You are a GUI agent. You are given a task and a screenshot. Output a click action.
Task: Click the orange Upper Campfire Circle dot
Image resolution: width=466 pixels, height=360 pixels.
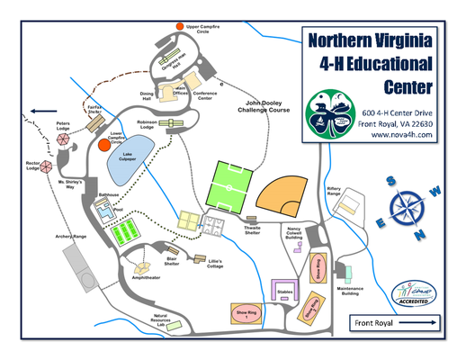[x=180, y=28]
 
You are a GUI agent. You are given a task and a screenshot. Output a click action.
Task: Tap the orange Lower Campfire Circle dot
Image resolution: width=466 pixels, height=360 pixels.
[x=104, y=144]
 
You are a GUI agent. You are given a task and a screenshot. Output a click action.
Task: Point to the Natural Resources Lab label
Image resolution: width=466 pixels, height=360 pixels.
[x=160, y=319]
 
